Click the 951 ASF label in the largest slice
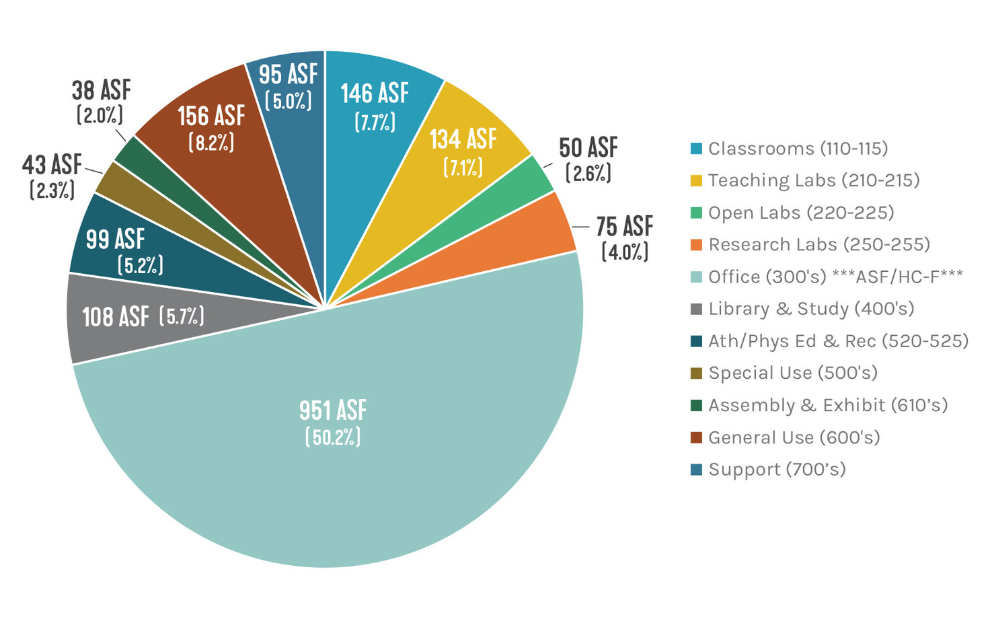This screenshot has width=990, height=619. coord(333,410)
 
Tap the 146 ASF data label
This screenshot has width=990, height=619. coord(375,94)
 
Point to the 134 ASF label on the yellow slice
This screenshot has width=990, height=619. coord(463,139)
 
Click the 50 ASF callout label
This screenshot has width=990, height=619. coord(588,147)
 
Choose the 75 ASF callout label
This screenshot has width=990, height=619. coord(624,226)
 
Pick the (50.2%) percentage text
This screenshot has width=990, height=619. coord(333,437)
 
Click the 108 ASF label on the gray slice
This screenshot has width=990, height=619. coord(116,316)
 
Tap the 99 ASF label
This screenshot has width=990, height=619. coord(115,239)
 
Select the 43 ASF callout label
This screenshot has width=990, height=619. coord(52,164)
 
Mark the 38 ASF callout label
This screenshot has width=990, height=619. coord(101,90)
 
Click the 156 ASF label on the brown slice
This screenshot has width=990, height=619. coord(211,116)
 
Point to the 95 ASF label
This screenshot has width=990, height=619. coord(288,75)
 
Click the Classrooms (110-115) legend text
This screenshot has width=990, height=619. coord(798,148)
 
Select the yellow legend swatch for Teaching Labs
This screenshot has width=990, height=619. coord(696,180)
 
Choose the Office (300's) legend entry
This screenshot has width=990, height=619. coord(835,277)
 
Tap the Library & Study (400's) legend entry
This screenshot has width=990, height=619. coord(811,309)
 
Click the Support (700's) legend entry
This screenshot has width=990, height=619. coord(777,470)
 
